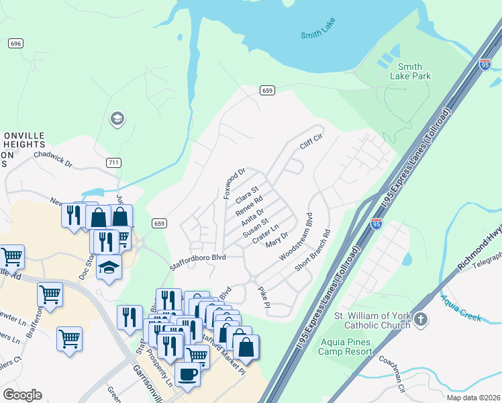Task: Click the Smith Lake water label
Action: point(318,32)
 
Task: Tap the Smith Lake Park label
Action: point(410,71)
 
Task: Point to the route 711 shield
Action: point(113,163)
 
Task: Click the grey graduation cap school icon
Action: point(117,119)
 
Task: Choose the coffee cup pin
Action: point(187,373)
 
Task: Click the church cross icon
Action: point(420,320)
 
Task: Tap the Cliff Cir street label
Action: point(311,142)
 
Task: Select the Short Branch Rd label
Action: point(313,251)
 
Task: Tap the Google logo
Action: point(22,395)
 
